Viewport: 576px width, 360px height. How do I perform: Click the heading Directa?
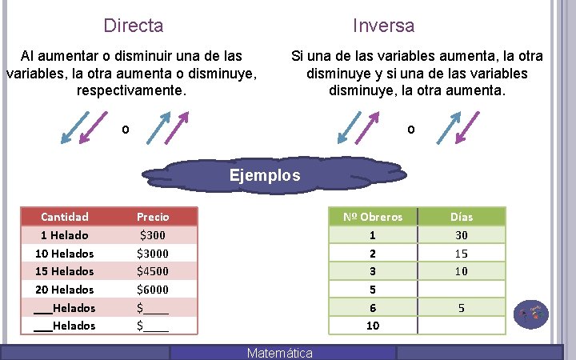pos(134,26)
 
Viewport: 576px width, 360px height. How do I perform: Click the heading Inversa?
pos(384,26)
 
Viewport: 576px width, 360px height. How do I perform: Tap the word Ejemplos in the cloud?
pos(265,174)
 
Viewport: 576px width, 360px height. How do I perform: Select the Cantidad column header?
pos(65,217)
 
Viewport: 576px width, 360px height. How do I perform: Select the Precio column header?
pos(153,217)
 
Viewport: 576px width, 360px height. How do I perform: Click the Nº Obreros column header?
pos(373,217)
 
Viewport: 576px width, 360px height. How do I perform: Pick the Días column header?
pos(462,217)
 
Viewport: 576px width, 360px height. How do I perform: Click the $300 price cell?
pos(153,235)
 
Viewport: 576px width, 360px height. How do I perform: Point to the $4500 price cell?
pos(153,271)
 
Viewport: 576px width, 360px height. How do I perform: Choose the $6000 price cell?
pos(153,290)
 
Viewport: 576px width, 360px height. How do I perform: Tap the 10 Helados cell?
pos(65,254)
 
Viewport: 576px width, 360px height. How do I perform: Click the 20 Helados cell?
pos(65,290)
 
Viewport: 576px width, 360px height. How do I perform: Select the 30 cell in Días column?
pos(462,235)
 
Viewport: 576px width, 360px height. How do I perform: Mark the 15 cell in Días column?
pos(462,254)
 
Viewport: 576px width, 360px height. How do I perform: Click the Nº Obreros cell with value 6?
pos(373,308)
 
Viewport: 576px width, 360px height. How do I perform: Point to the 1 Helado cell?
pos(65,235)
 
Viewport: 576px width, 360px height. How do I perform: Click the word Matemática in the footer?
pos(280,353)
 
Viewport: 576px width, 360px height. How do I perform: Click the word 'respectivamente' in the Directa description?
pos(131,90)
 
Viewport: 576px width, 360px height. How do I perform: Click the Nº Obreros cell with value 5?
pos(373,290)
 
